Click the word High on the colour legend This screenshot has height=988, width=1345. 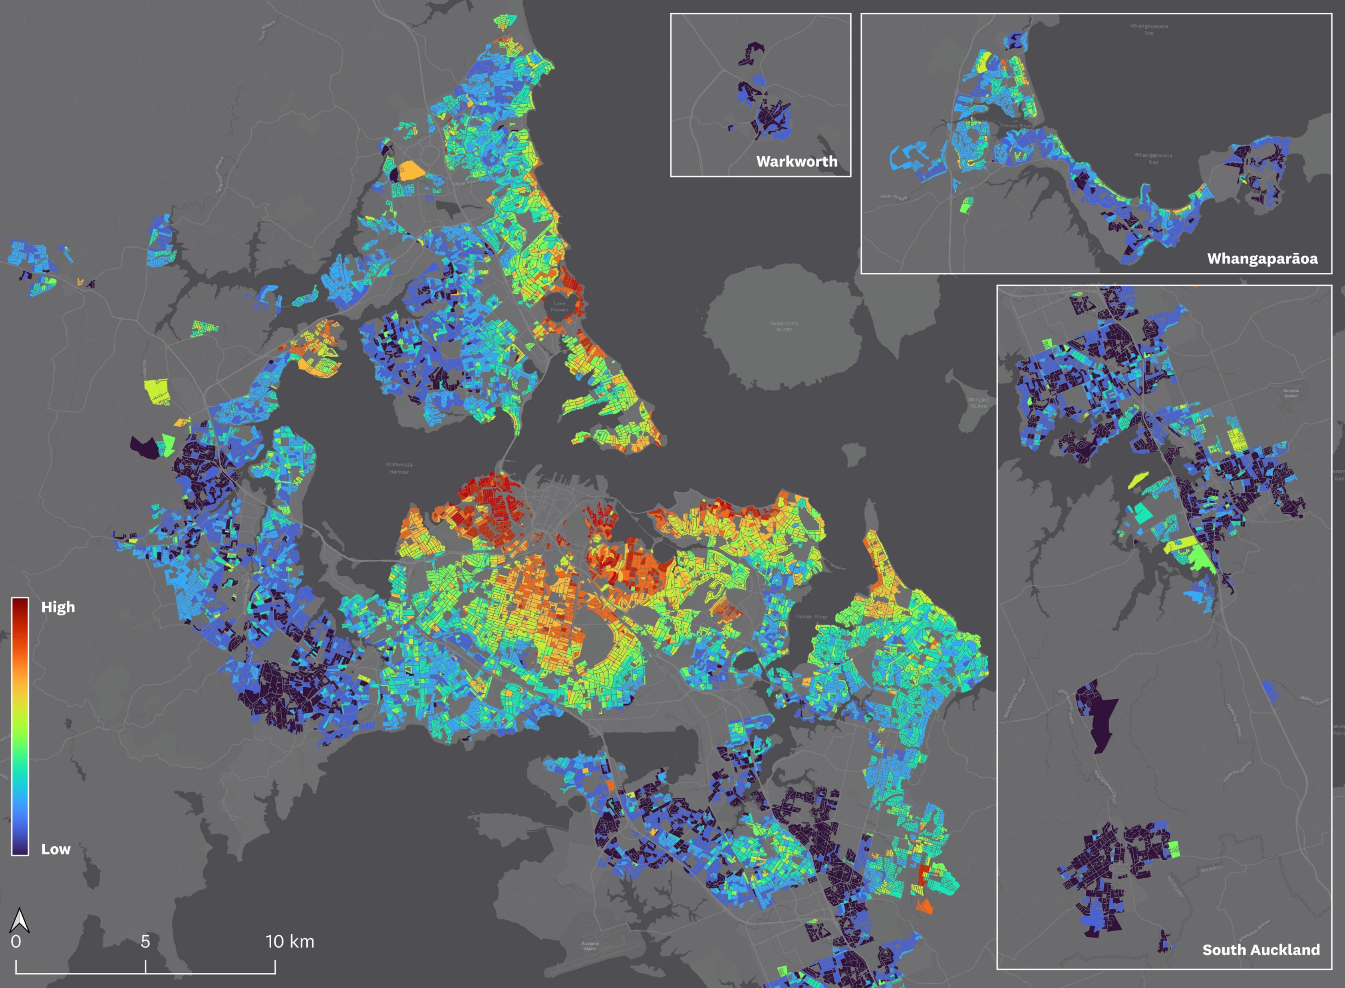pyautogui.click(x=58, y=607)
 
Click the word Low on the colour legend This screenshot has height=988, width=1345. pyautogui.click(x=56, y=849)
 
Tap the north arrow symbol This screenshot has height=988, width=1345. pyautogui.click(x=19, y=921)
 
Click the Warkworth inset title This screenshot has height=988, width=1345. pyautogui.click(x=797, y=161)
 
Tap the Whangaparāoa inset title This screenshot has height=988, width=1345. pyautogui.click(x=1262, y=259)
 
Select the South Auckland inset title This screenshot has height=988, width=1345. pyautogui.click(x=1261, y=950)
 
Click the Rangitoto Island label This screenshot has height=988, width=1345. pyautogui.click(x=783, y=326)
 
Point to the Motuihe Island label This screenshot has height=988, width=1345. pyautogui.click(x=978, y=402)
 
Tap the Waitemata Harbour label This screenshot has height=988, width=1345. pyautogui.click(x=399, y=468)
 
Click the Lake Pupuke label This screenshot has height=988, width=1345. pyautogui.click(x=559, y=306)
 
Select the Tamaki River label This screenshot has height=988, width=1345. pyautogui.click(x=812, y=616)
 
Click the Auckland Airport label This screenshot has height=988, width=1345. pyautogui.click(x=590, y=946)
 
